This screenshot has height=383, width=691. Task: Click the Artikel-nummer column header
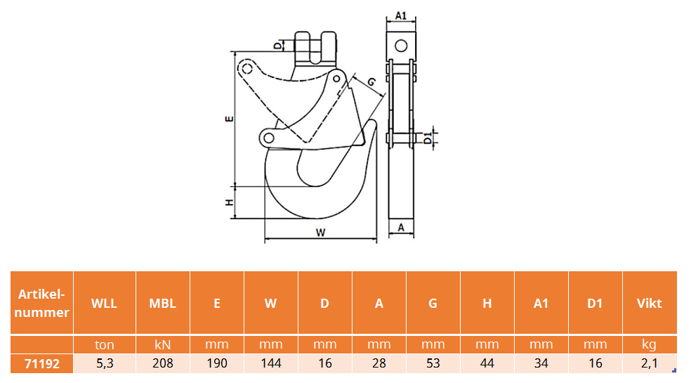click(x=42, y=303)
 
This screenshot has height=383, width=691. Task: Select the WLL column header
click(x=105, y=303)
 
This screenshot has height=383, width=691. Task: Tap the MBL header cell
click(x=163, y=303)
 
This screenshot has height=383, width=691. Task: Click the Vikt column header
click(x=649, y=303)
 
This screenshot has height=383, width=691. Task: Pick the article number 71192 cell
click(x=42, y=363)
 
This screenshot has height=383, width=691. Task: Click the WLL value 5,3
click(x=105, y=363)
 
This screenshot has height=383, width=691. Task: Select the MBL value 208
click(x=163, y=363)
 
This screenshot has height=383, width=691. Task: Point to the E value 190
click(x=217, y=363)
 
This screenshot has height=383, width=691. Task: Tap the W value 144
click(x=271, y=363)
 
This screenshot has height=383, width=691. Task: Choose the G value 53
click(x=433, y=363)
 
